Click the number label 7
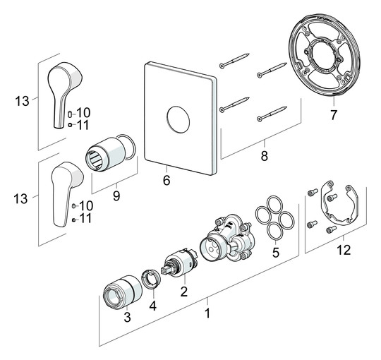click(334, 114)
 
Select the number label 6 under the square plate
click(167, 180)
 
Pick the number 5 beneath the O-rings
click(275, 251)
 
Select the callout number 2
click(183, 291)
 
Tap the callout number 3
click(127, 318)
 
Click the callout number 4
click(152, 308)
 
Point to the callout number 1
click(208, 310)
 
